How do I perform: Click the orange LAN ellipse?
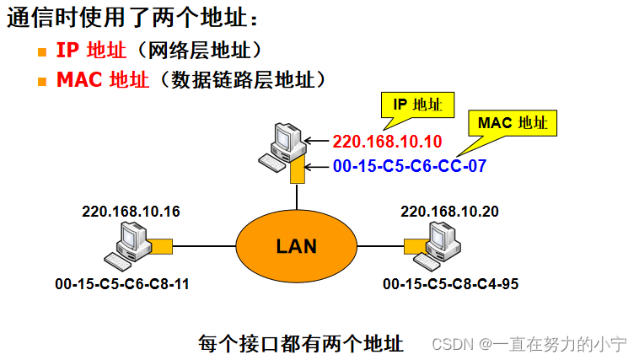[296, 246]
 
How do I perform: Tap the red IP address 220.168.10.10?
[387, 142]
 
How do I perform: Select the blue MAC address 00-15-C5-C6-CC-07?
[409, 166]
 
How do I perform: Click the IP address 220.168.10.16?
[131, 211]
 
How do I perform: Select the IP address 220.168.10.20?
[449, 211]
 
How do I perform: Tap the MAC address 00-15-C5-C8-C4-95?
[450, 284]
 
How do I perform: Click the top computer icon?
[281, 145]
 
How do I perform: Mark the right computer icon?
[443, 244]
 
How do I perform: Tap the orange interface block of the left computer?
[161, 246]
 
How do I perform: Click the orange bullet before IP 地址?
[42, 52]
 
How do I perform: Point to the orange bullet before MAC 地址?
[42, 82]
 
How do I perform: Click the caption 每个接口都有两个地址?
[301, 343]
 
